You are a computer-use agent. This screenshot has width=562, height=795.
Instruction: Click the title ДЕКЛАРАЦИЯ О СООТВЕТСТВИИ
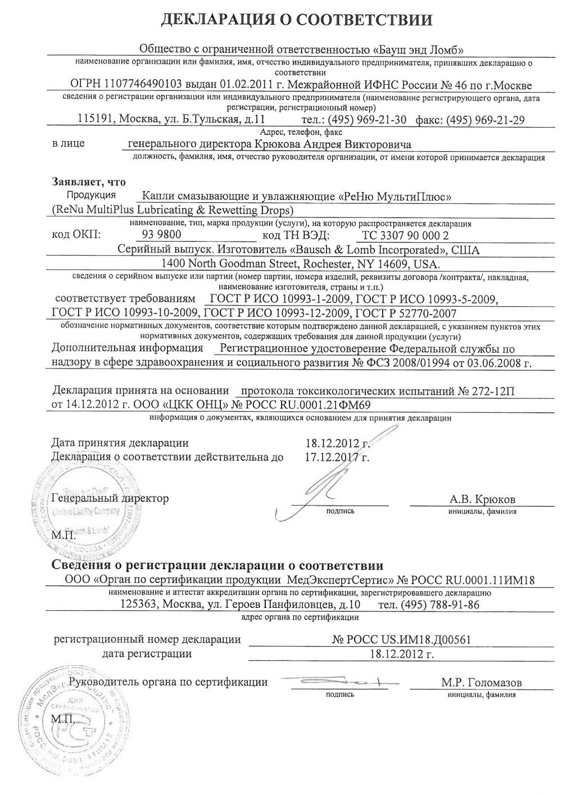pyautogui.click(x=297, y=21)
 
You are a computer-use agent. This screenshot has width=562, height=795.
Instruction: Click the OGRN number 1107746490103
pyautogui.click(x=135, y=84)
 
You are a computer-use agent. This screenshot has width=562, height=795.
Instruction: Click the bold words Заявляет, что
pyautogui.click(x=89, y=182)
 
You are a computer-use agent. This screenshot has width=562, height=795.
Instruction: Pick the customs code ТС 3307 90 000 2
pyautogui.click(x=406, y=235)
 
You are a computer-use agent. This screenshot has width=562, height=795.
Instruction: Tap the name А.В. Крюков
pyautogui.click(x=482, y=499)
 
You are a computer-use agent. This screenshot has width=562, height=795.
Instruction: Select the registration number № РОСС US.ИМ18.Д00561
pyautogui.click(x=401, y=639)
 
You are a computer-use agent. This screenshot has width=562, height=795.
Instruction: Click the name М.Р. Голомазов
pyautogui.click(x=481, y=683)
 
